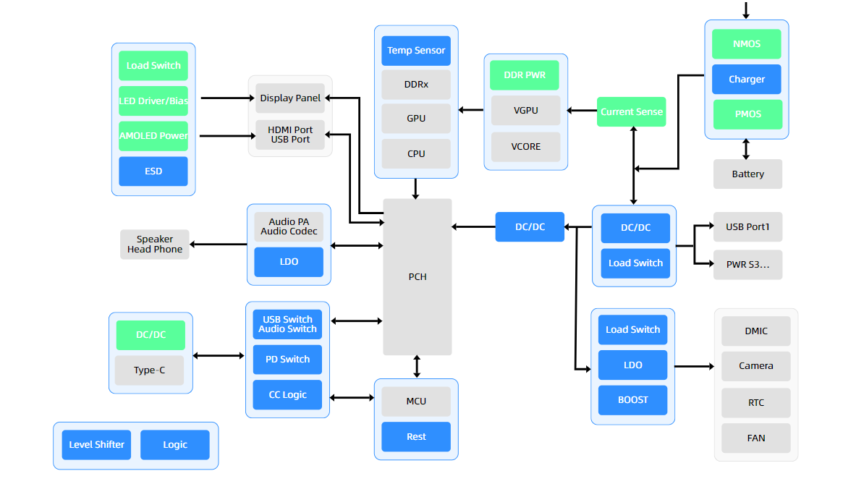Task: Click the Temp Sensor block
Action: (416, 51)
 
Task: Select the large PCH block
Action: (417, 276)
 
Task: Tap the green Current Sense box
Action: (631, 111)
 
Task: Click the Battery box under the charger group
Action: (747, 174)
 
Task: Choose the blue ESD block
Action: (153, 171)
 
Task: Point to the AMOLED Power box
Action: (153, 136)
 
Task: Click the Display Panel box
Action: (290, 98)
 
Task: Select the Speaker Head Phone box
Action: (155, 245)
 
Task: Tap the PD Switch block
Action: (289, 360)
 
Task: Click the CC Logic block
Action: (289, 395)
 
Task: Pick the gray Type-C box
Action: (150, 370)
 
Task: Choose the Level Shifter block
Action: (97, 445)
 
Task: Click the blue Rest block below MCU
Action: (416, 437)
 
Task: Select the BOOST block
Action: (632, 400)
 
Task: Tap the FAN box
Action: (755, 438)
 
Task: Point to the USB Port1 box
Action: (747, 227)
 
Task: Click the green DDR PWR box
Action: (525, 75)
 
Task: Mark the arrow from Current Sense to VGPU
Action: (582, 111)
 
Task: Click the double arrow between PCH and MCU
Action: (417, 367)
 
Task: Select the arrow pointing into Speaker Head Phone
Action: (218, 245)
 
